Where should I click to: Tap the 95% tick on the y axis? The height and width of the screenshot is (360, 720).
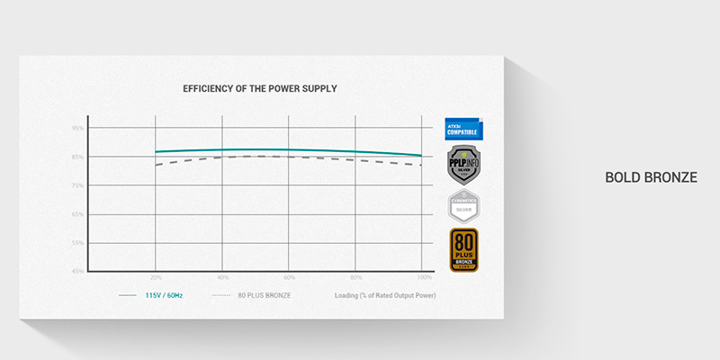tap(78, 129)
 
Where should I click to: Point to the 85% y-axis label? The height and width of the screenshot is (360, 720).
tap(78, 157)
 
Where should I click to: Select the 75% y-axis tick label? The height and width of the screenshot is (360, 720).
tap(78, 185)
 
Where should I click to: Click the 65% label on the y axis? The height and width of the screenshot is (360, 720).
tap(78, 214)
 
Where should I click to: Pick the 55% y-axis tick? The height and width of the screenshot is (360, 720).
tap(78, 243)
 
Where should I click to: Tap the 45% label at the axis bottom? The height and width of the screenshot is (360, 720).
tap(78, 271)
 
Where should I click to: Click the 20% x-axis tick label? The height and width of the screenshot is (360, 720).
tap(156, 277)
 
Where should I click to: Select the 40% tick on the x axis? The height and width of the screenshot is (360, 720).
tap(222, 277)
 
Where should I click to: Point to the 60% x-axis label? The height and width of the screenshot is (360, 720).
tap(289, 277)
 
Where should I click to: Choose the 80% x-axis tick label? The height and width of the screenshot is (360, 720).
tap(355, 277)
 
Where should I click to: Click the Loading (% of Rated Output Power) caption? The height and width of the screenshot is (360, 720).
tap(385, 295)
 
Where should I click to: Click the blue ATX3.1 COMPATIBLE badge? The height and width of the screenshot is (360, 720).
tap(463, 128)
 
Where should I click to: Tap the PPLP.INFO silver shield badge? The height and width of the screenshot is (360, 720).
tap(463, 165)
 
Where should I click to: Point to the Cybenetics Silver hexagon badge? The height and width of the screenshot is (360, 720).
tap(463, 206)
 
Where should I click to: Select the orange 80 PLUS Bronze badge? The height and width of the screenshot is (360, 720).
tap(463, 249)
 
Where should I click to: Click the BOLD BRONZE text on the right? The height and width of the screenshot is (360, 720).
tap(651, 178)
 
